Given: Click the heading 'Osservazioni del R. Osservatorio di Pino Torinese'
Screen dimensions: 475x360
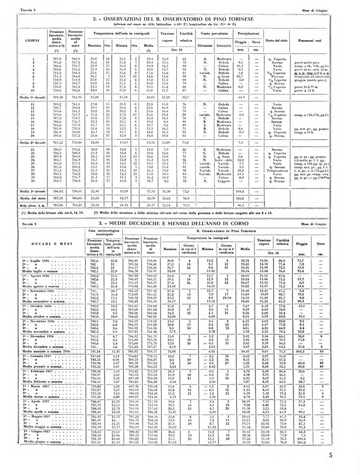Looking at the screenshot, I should pyautogui.click(x=179, y=20).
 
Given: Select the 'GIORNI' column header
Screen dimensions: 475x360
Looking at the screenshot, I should pyautogui.click(x=33, y=40).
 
